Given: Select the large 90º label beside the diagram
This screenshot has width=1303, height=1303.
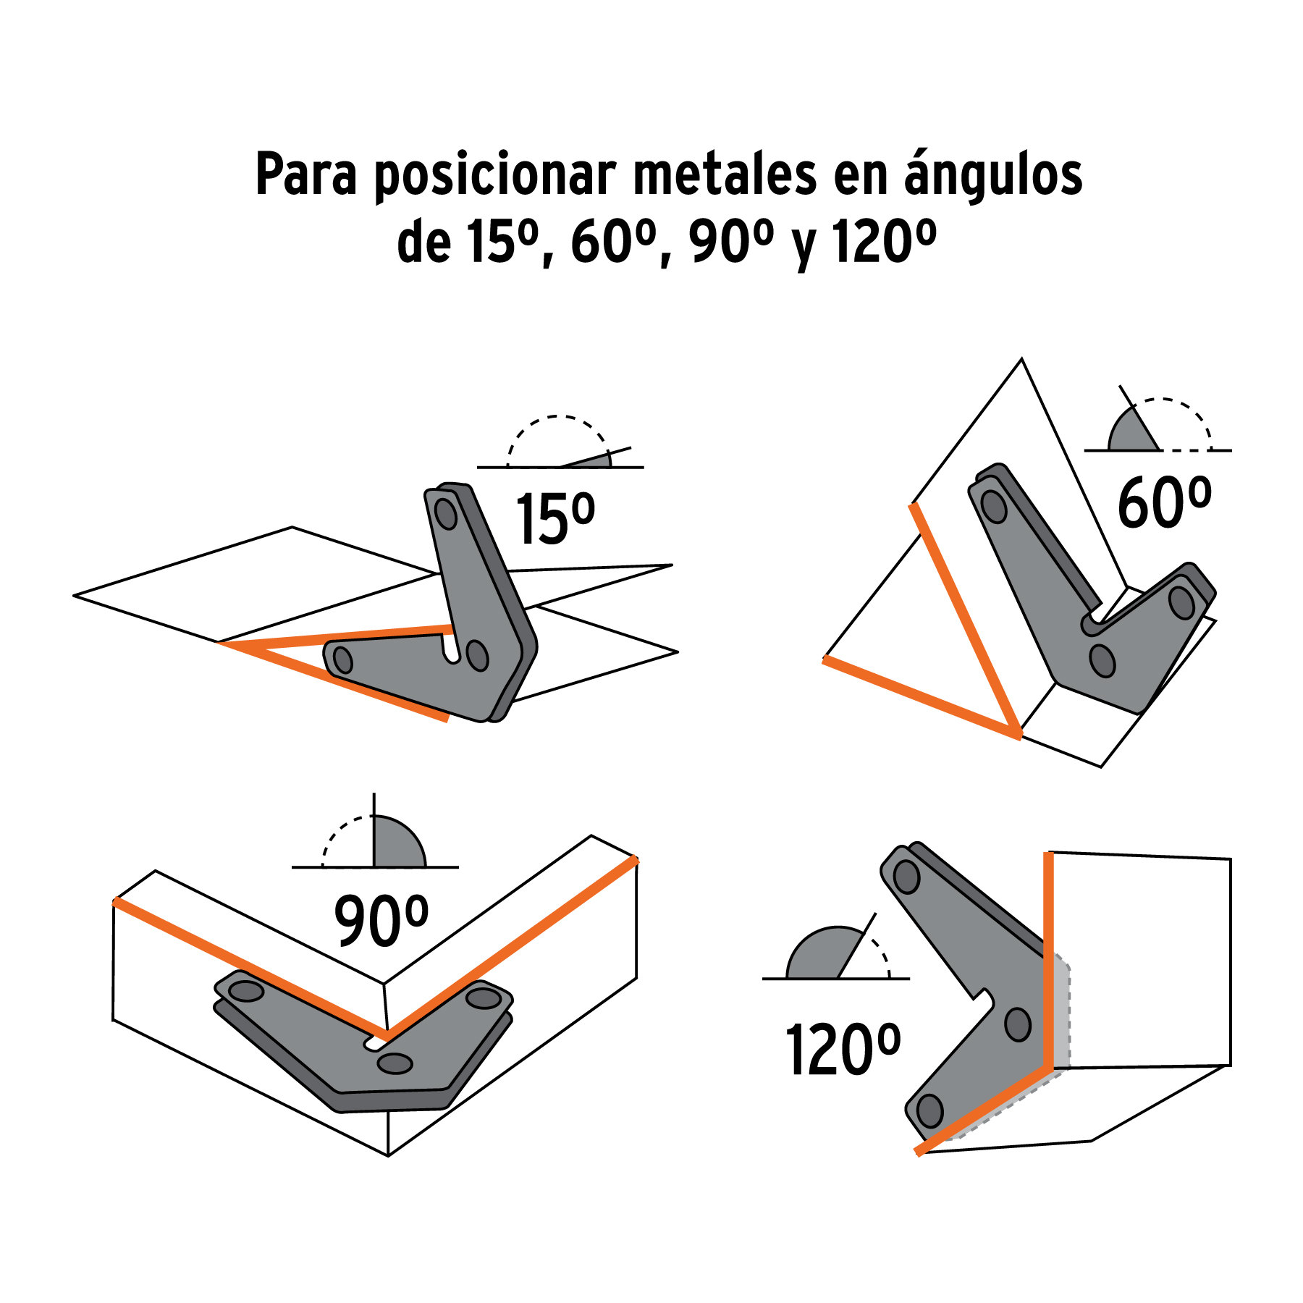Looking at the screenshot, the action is (381, 920).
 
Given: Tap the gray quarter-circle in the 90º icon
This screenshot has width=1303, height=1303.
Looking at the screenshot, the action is (396, 843).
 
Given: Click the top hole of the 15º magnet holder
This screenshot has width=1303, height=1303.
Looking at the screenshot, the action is (445, 514).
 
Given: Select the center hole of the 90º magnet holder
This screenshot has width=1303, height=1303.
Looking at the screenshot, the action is (395, 1063).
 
